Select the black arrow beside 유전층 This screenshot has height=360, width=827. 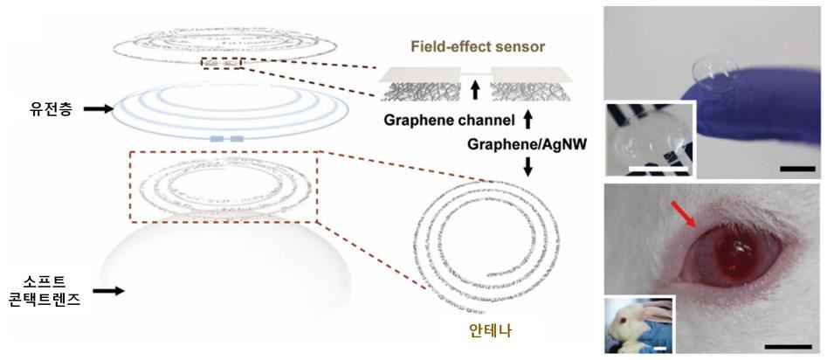coord(98,108)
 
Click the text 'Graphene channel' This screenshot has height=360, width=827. coord(449,121)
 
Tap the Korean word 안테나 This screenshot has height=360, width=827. coord(490,330)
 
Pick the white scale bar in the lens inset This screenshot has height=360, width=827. coord(659,170)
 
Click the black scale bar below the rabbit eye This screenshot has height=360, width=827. coord(788,346)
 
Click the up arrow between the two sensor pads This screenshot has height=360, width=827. coord(475,90)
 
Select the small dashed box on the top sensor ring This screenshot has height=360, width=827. coord(222,63)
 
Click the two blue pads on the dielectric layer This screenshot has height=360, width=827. coord(227,139)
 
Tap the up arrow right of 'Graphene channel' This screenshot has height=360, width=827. coord(527,121)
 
